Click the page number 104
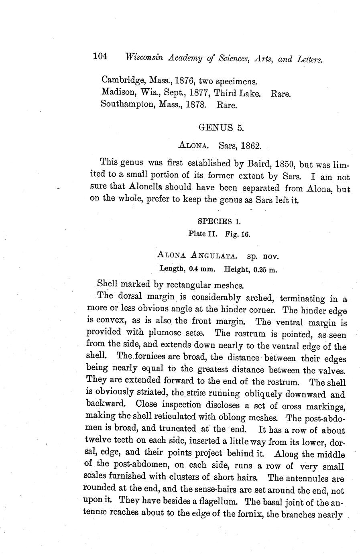tap(100, 57)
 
